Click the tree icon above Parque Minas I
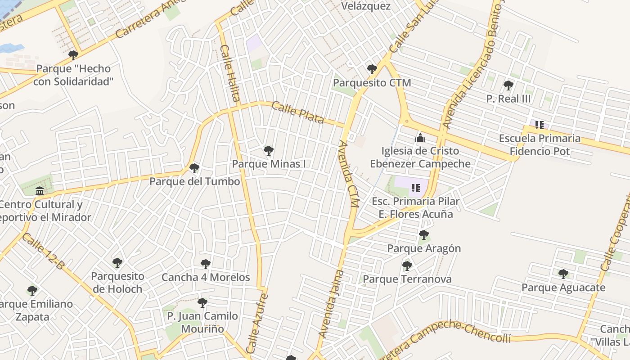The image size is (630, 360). (x=269, y=150)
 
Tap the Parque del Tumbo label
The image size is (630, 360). (x=194, y=181)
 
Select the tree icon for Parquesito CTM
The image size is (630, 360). (x=372, y=69)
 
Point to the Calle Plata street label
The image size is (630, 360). (x=298, y=112)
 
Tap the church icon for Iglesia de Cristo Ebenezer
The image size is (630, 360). (x=420, y=138)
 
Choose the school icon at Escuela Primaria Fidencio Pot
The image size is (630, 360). (x=539, y=125)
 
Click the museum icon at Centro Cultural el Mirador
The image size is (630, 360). (x=40, y=191)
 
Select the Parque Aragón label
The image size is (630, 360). (x=424, y=248)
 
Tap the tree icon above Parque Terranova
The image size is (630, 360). (x=407, y=266)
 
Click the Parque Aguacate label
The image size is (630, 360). (x=563, y=288)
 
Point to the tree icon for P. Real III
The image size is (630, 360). (x=508, y=85)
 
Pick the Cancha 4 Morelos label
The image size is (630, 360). (x=206, y=277)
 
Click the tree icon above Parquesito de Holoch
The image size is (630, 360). (x=117, y=262)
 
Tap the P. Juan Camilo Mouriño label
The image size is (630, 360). (x=202, y=322)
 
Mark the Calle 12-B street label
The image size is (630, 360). (x=43, y=252)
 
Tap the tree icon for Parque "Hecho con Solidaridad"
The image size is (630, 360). (x=73, y=55)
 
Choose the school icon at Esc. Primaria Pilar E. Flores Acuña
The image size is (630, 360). (x=415, y=188)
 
